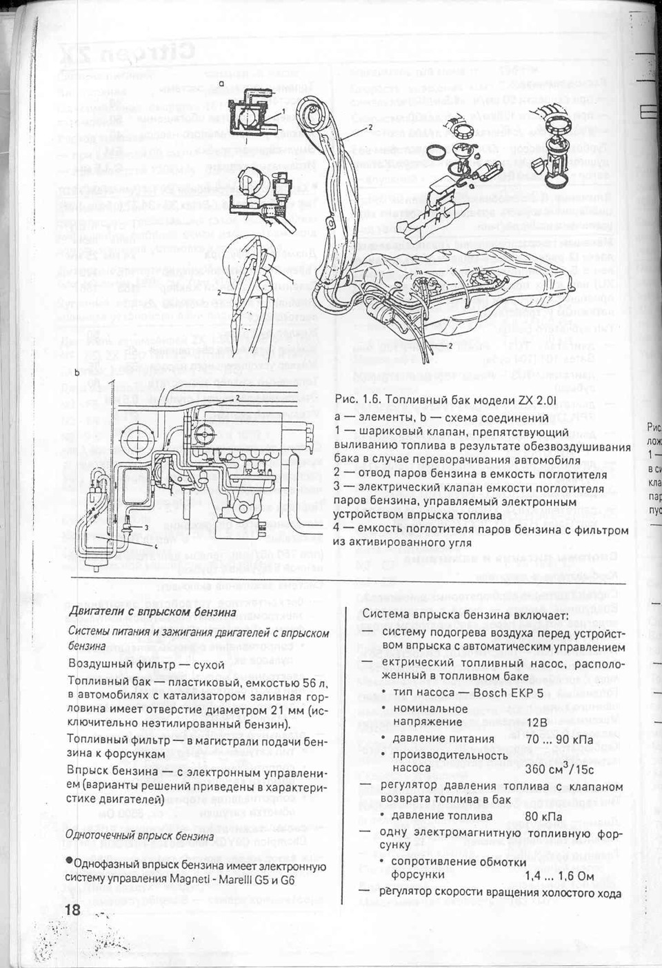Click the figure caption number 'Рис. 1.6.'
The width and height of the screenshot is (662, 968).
click(x=356, y=401)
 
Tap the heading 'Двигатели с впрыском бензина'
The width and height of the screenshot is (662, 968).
click(x=152, y=612)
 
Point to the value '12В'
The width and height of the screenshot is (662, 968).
click(x=536, y=722)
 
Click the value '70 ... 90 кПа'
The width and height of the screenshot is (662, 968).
click(x=559, y=739)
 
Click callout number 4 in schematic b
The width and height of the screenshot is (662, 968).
click(x=157, y=546)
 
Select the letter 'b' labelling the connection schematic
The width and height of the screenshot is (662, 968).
click(x=77, y=372)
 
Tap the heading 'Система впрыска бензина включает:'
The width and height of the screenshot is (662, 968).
click(x=465, y=615)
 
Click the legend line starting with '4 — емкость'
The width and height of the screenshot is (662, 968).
click(x=481, y=530)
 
